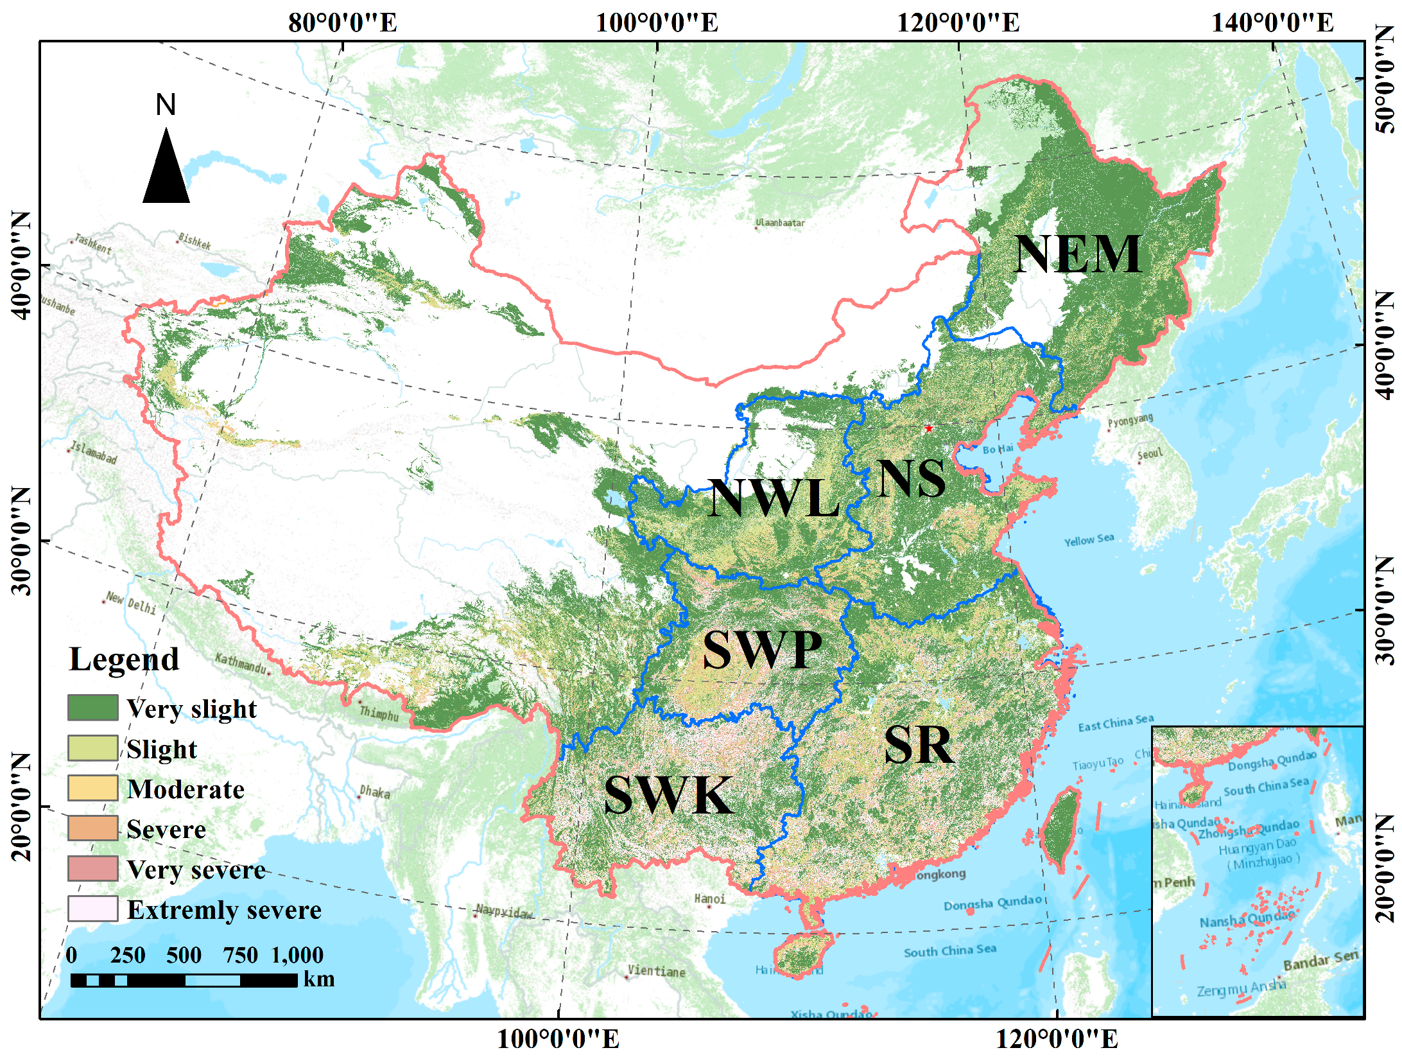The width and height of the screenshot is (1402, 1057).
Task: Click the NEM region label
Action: [x=1078, y=255]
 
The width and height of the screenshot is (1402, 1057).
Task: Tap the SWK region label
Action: [x=668, y=796]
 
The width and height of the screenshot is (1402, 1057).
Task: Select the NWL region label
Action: [x=774, y=499]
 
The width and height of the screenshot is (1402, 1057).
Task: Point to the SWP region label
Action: [x=762, y=650]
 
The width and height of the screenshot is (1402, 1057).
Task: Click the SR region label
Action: [x=919, y=746]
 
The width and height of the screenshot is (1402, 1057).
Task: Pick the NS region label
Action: [x=911, y=479]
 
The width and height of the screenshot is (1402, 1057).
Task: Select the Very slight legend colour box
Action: [x=93, y=708]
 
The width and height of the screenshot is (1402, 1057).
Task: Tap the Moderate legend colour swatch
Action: [x=93, y=788]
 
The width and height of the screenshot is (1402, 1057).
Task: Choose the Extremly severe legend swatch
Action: [x=93, y=909]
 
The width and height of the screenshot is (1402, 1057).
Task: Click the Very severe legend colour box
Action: [x=93, y=868]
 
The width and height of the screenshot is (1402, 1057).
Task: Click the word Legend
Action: [x=124, y=660]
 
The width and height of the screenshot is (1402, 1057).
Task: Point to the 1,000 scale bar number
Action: [x=297, y=956]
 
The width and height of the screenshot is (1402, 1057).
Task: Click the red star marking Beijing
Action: [x=928, y=428]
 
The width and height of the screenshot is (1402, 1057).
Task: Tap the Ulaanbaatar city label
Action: [x=780, y=223]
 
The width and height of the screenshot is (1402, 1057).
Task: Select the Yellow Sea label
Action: [x=1089, y=540]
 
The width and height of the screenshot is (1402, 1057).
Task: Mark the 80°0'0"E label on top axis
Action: [x=343, y=23]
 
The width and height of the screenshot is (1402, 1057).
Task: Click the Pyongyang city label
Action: [x=1130, y=421]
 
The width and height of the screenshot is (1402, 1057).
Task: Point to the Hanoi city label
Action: [x=710, y=898]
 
